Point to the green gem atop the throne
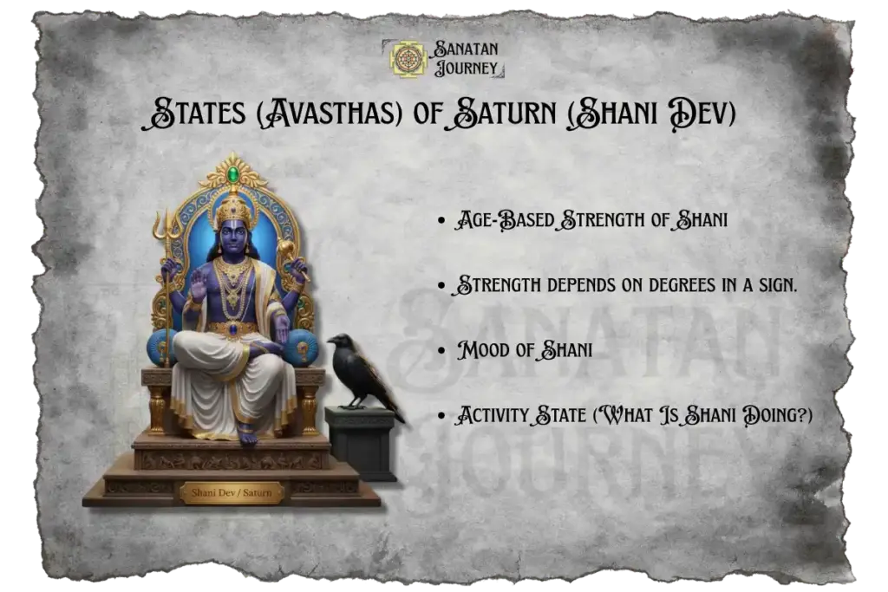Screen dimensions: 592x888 232,177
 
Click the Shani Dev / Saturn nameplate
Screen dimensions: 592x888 232,492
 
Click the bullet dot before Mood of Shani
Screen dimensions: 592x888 444,352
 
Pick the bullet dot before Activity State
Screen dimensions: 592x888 444,417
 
